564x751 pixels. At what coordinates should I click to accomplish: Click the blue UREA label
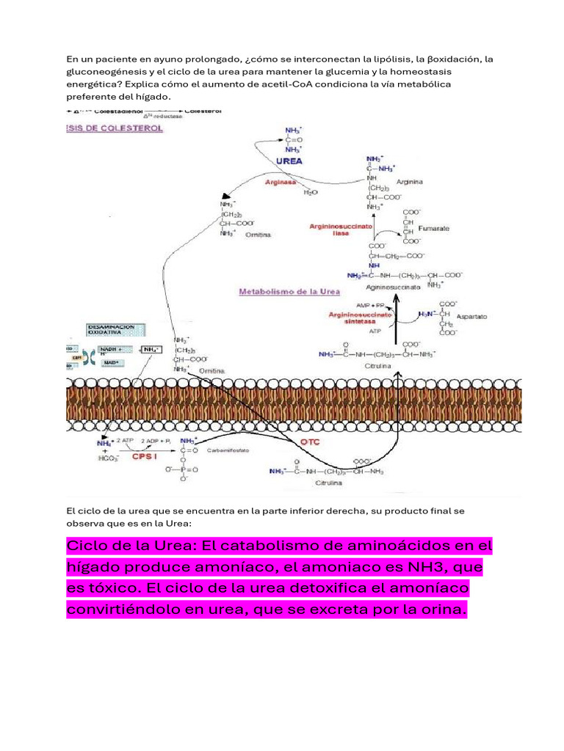(289, 160)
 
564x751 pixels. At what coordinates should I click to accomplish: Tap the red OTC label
(310, 442)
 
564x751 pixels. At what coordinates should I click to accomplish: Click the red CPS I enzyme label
(145, 455)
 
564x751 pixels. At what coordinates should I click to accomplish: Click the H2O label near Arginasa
(311, 192)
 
